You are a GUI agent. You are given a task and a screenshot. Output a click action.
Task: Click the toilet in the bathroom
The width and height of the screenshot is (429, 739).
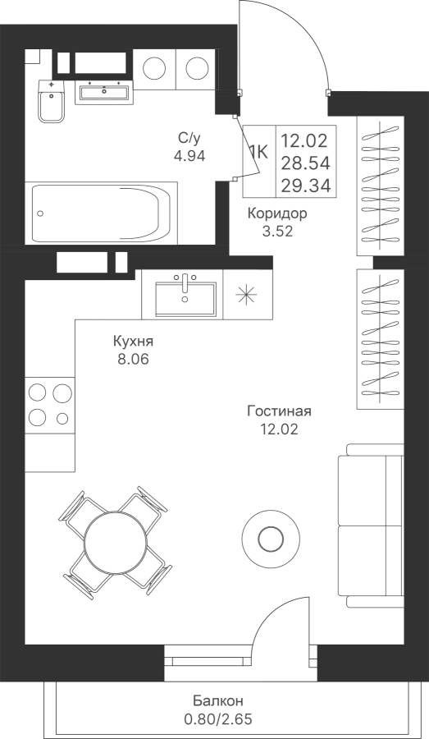(x=51, y=101)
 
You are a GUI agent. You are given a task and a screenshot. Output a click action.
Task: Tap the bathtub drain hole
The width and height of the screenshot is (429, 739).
(x=40, y=213)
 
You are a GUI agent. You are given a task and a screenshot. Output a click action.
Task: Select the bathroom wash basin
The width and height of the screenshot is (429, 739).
(x=103, y=92)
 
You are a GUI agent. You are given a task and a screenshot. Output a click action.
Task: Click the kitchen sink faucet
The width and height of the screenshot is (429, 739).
(x=185, y=286)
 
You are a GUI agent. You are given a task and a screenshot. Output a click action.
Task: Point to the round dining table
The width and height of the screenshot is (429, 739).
(x=116, y=542)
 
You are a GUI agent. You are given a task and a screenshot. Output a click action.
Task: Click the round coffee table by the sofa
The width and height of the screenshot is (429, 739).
(x=271, y=537)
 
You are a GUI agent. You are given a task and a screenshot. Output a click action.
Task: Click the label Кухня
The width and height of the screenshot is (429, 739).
(x=133, y=341)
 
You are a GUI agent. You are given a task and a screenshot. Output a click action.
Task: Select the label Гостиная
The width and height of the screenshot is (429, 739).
(x=279, y=411)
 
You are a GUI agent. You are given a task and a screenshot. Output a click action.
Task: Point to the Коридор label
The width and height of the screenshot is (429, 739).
(x=278, y=213)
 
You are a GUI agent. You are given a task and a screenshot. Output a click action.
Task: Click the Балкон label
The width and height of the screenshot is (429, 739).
(x=218, y=701)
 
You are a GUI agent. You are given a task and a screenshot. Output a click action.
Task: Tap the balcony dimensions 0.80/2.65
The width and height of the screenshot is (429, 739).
(x=218, y=719)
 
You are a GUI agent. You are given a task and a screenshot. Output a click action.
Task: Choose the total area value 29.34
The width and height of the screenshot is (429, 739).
(x=306, y=186)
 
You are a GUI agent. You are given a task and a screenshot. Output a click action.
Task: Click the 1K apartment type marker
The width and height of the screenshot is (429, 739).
(x=258, y=152)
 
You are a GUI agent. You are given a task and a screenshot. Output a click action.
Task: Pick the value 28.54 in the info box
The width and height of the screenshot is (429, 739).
(x=306, y=163)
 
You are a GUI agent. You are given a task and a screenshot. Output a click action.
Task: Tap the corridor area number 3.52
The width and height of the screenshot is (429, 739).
(x=278, y=232)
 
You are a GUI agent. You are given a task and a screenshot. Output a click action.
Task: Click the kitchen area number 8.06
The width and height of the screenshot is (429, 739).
(x=133, y=360)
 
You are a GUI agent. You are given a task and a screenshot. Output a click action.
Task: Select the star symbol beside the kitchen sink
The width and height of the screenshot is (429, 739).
(x=247, y=294)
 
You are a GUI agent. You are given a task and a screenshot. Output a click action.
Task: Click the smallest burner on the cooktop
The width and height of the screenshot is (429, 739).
(x=62, y=418)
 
